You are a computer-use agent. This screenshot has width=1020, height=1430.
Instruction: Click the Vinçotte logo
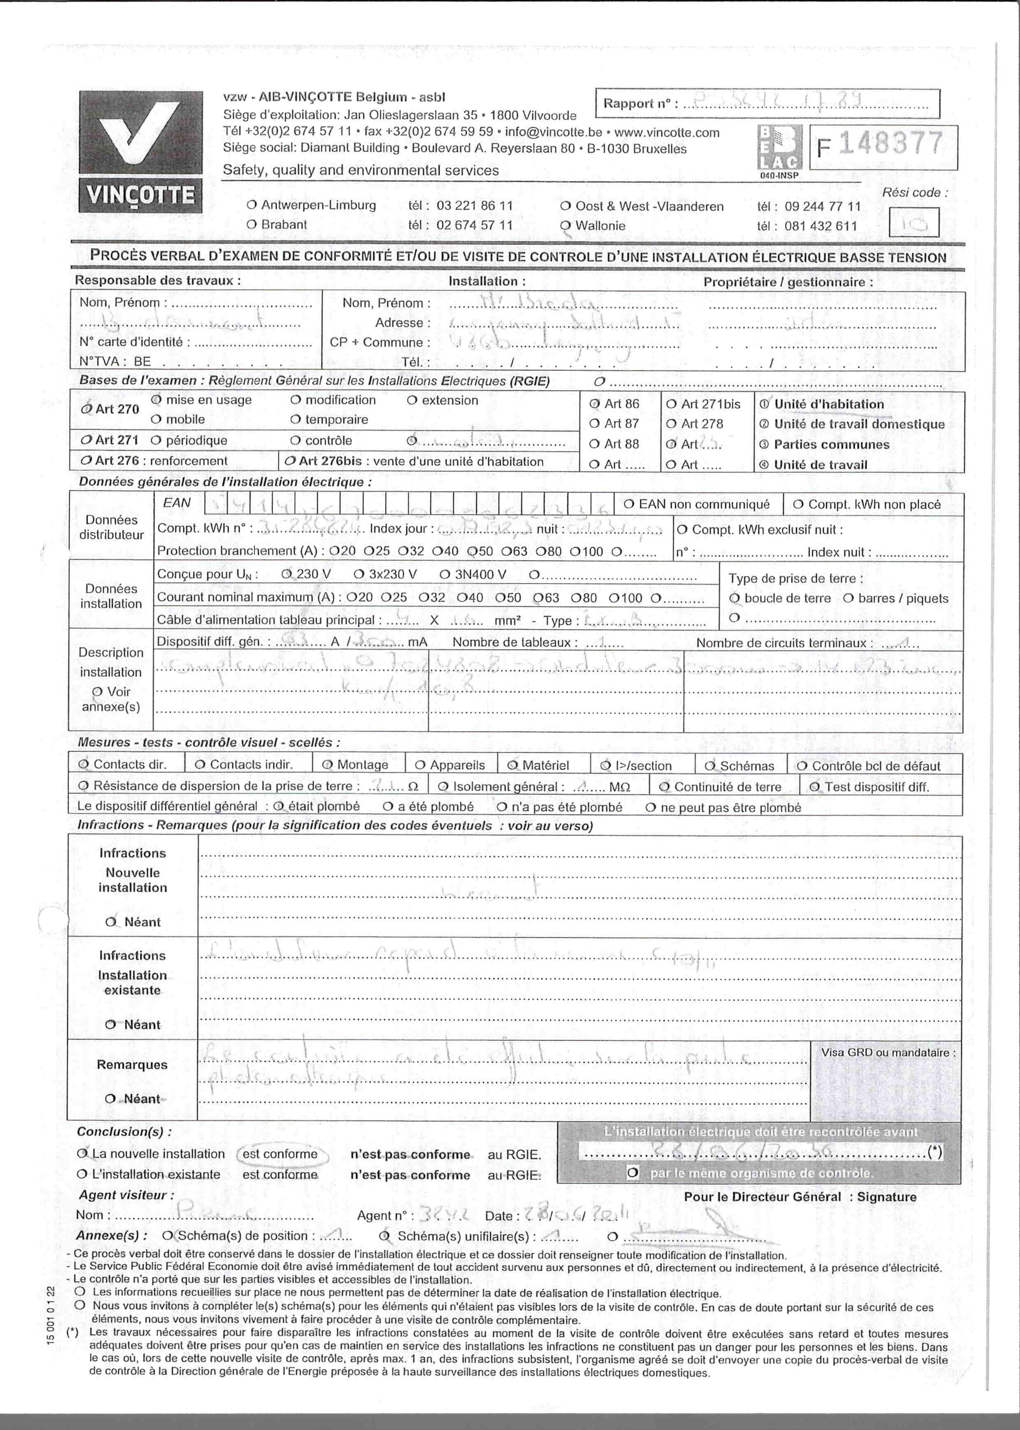coord(141,151)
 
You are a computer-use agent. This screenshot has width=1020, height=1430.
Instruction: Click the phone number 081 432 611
coord(820,226)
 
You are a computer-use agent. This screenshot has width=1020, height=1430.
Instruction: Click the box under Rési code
coord(913,222)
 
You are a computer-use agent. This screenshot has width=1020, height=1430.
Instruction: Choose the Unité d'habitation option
coord(828,405)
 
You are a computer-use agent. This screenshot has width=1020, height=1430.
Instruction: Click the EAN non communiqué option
coord(703,504)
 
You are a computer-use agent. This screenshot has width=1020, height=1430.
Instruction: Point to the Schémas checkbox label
coord(747,766)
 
